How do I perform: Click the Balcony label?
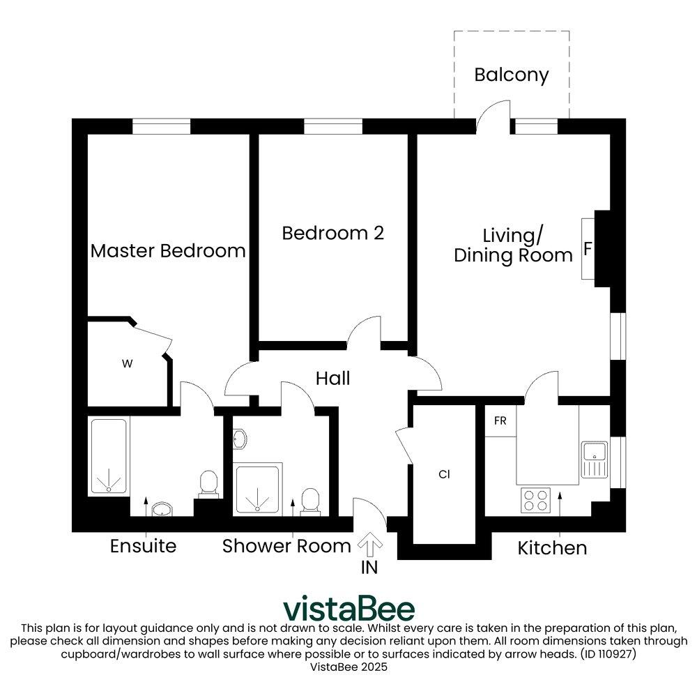click(511, 75)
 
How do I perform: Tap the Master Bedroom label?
click(168, 251)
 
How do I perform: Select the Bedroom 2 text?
click(332, 233)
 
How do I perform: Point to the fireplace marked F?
click(588, 249)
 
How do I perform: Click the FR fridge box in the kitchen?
click(500, 422)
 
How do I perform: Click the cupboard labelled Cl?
click(444, 474)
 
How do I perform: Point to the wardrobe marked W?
click(127, 363)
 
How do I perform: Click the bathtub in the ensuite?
click(109, 456)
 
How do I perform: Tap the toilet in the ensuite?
click(208, 485)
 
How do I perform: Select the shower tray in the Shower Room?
click(259, 490)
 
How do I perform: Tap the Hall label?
click(332, 379)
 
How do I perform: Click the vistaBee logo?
click(348, 609)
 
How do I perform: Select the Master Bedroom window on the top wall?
click(162, 126)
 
